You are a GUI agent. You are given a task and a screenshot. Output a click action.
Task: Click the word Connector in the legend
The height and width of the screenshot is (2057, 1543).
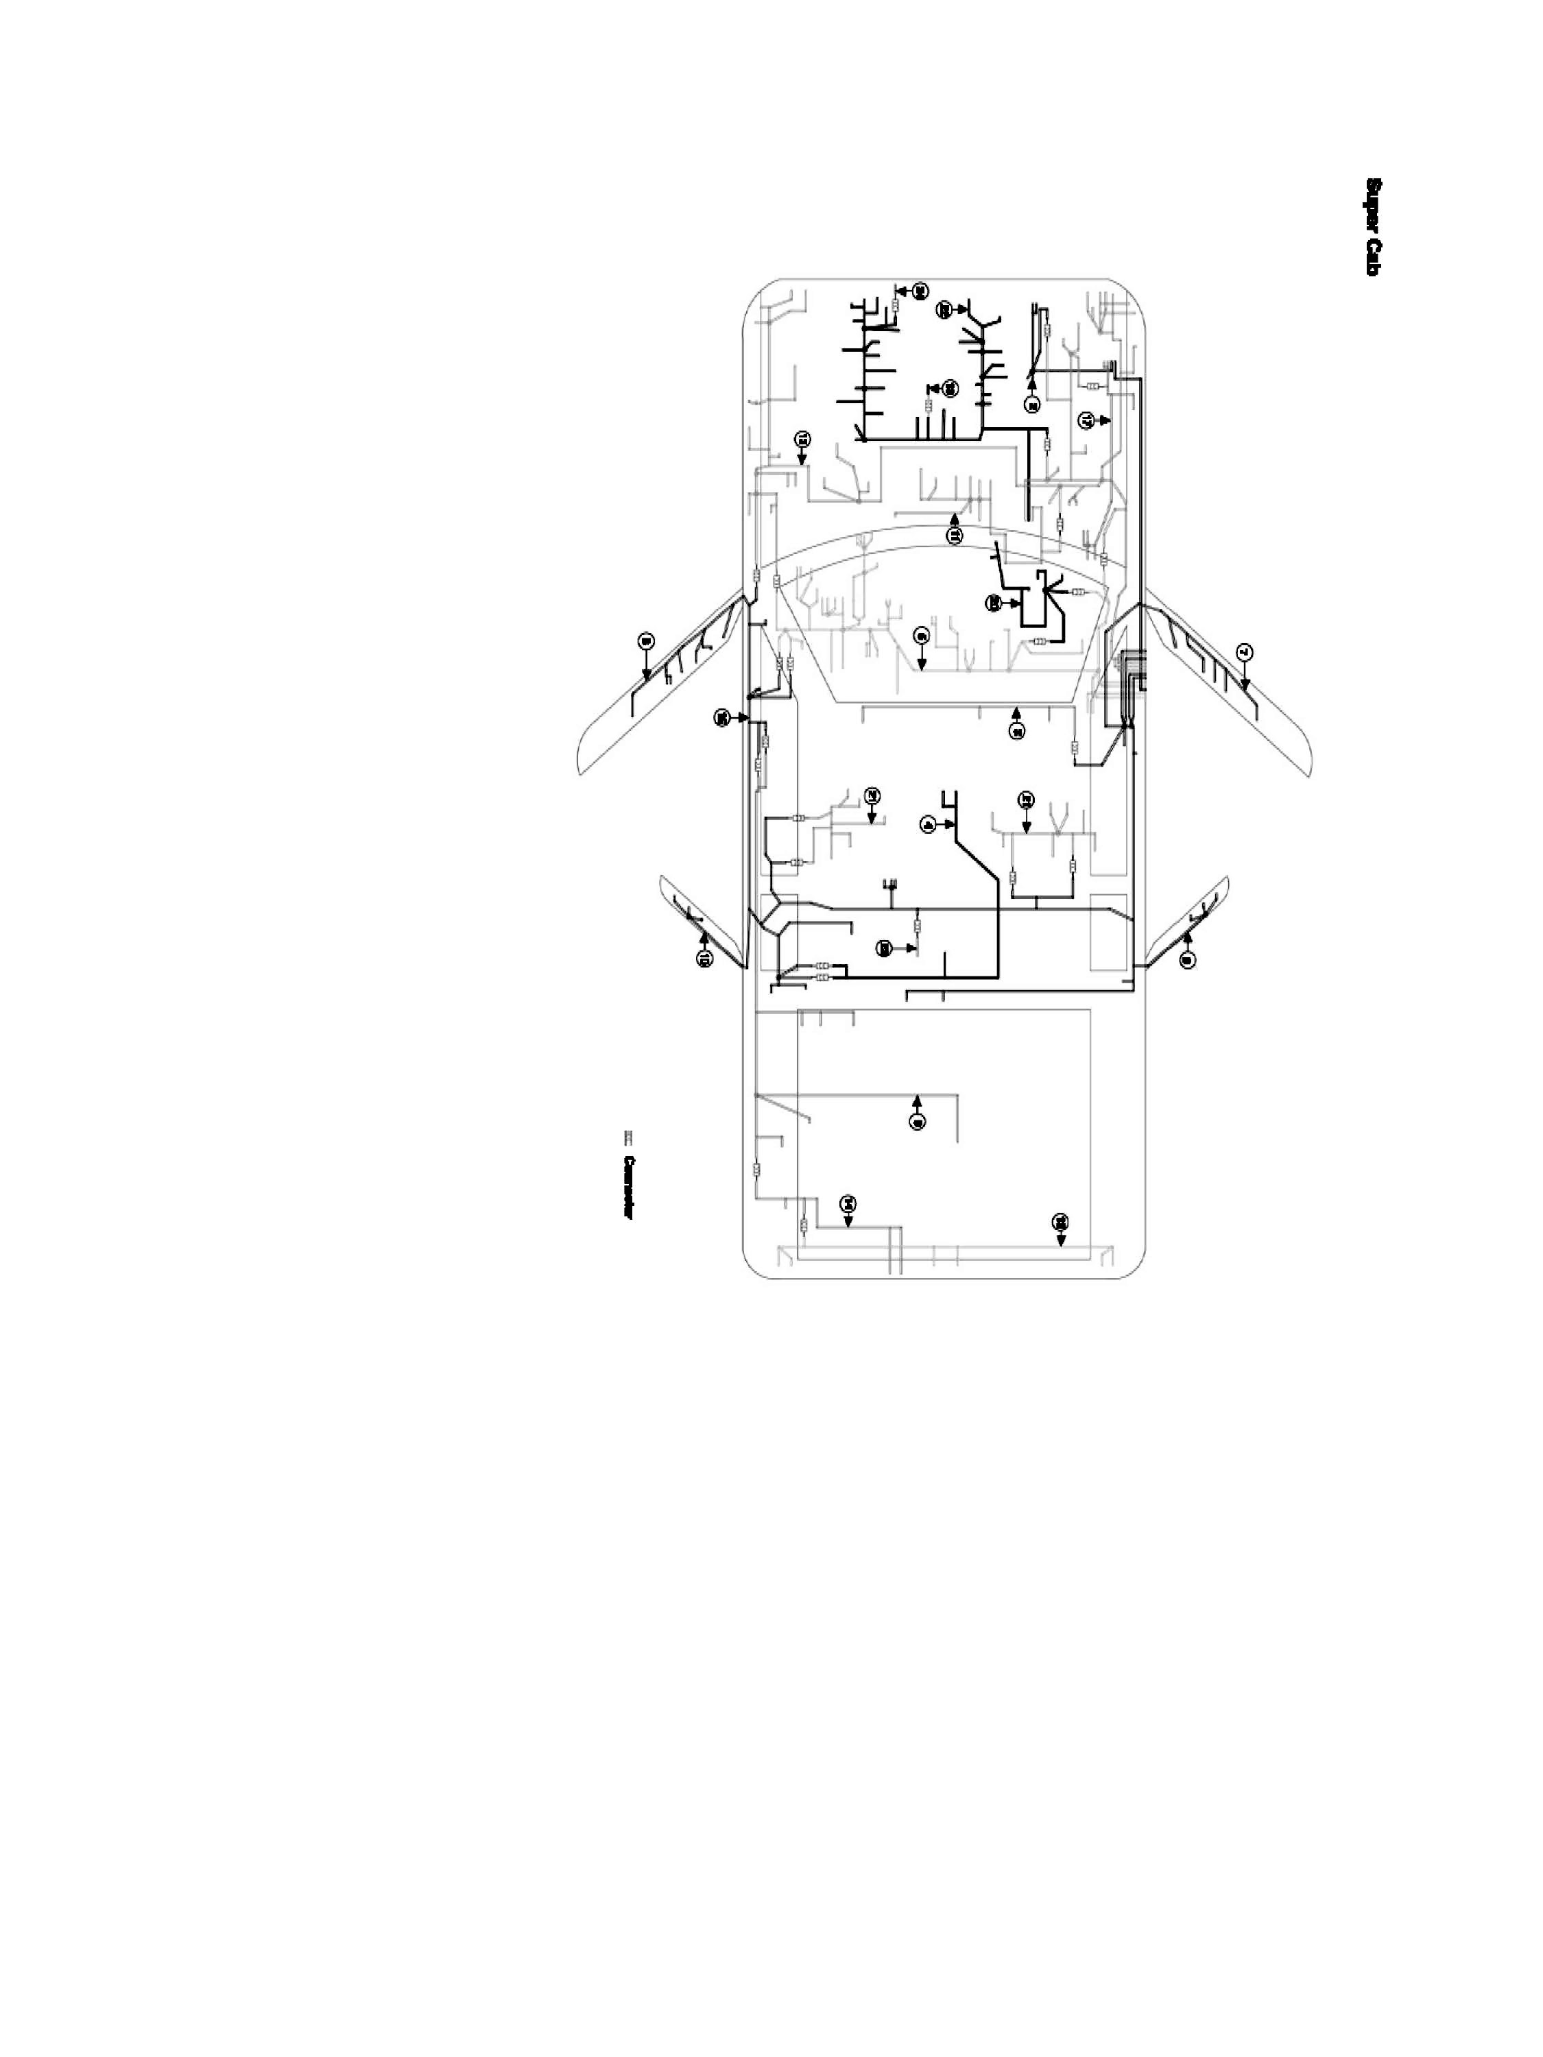click(x=630, y=1188)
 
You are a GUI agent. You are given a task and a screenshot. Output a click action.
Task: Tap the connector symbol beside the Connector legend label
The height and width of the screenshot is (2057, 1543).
click(x=627, y=1136)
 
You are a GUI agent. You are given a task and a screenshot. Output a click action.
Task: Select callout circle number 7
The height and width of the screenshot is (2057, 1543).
click(x=1246, y=653)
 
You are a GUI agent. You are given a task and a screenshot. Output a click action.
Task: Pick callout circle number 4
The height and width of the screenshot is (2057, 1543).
click(x=927, y=825)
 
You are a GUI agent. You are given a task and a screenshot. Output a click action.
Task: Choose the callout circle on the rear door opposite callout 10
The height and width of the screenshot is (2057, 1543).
click(x=1187, y=961)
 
